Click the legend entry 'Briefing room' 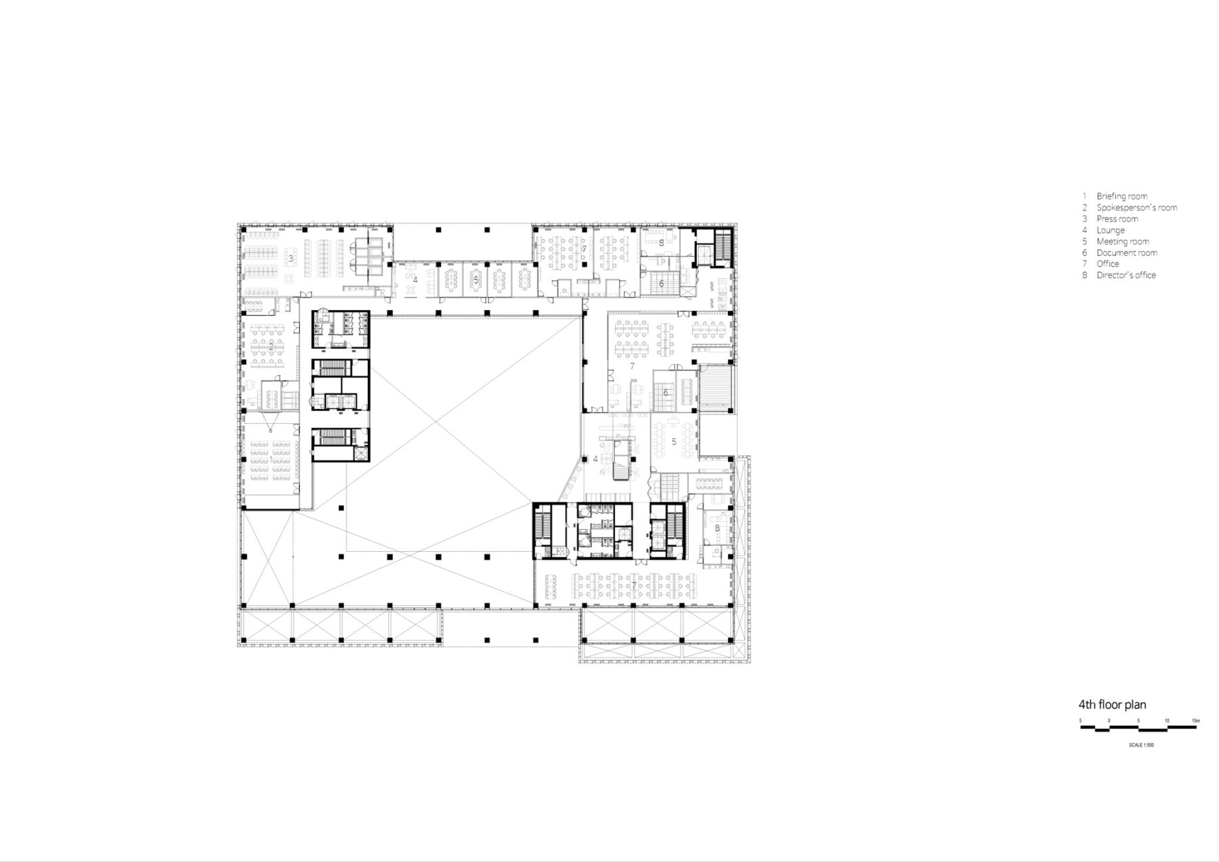point(1121,196)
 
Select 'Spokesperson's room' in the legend point(1137,208)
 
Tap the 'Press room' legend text point(1117,219)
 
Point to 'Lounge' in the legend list point(1111,230)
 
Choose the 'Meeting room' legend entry point(1123,241)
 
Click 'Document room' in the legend point(1127,253)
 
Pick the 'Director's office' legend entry point(1126,275)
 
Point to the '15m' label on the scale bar point(1195,720)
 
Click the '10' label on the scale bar point(1167,720)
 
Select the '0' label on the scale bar point(1109,720)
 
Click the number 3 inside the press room point(291,258)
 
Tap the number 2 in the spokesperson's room point(272,345)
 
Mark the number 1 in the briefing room point(272,460)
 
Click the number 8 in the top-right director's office point(661,242)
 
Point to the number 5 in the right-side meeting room point(674,441)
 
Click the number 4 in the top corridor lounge point(415,279)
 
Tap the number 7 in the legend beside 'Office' point(1084,264)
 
